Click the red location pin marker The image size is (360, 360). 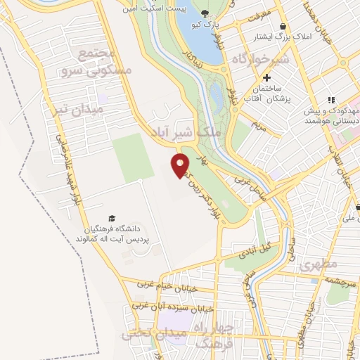tap(180, 165)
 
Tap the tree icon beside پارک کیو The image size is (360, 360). tap(205, 13)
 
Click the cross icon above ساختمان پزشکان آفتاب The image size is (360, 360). tap(266, 77)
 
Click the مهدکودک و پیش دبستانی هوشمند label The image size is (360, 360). tap(340, 115)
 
